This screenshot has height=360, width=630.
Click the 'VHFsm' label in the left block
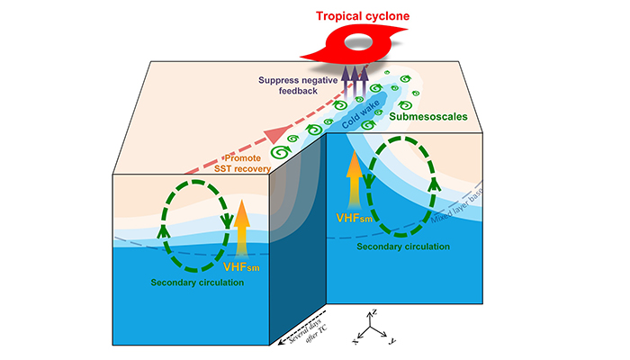(240, 266)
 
